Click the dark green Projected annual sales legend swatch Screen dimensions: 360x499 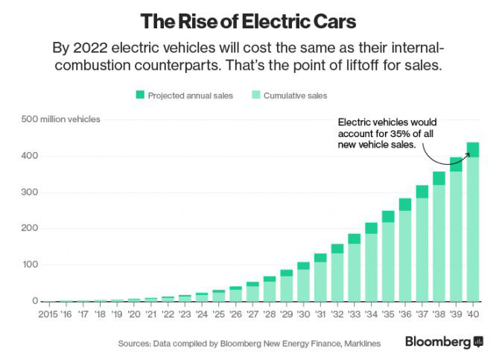[x=139, y=95]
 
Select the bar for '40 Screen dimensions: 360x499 [x=472, y=224]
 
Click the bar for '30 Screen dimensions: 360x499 [x=303, y=283]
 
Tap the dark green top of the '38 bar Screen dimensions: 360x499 [x=439, y=178]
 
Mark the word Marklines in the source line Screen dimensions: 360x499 [x=358, y=344]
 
